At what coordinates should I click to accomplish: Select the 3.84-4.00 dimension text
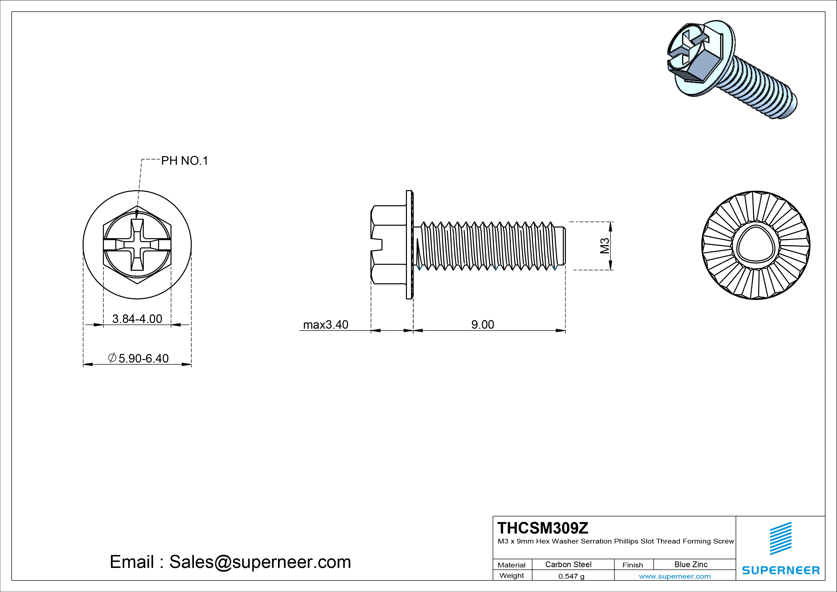[137, 319]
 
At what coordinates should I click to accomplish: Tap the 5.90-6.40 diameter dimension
[143, 358]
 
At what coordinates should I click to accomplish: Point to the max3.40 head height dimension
[326, 324]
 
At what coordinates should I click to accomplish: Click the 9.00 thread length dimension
[483, 324]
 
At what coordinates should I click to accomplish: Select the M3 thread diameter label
[605, 246]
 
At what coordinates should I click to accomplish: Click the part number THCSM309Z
[543, 528]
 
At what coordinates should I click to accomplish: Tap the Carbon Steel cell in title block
[568, 564]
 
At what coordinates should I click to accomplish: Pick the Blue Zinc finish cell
[691, 564]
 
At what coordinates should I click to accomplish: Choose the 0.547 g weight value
[571, 576]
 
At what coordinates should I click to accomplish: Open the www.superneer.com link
[675, 576]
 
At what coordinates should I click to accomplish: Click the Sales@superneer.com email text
[260, 562]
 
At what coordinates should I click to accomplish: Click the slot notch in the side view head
[377, 245]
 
